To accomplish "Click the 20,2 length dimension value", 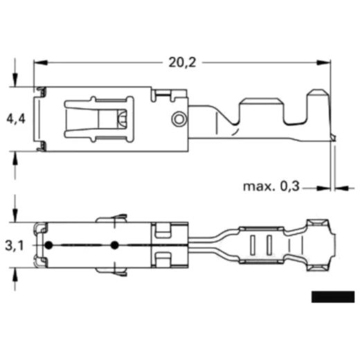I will pyautogui.click(x=181, y=62).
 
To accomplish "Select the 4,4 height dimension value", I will pyautogui.click(x=16, y=119).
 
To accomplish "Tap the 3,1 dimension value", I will pyautogui.click(x=14, y=246).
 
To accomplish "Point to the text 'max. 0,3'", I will pyautogui.click(x=271, y=186).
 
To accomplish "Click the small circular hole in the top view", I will pyautogui.click(x=178, y=119).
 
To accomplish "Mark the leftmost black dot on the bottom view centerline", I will pyautogui.click(x=49, y=246).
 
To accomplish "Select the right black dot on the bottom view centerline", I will pyautogui.click(x=114, y=246).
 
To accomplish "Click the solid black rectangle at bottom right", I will pyautogui.click(x=332, y=297).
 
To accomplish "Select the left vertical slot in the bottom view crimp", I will pyautogui.click(x=252, y=246).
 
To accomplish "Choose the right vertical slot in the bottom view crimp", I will pyautogui.click(x=266, y=246).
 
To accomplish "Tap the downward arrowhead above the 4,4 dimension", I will pyautogui.click(x=16, y=82).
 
